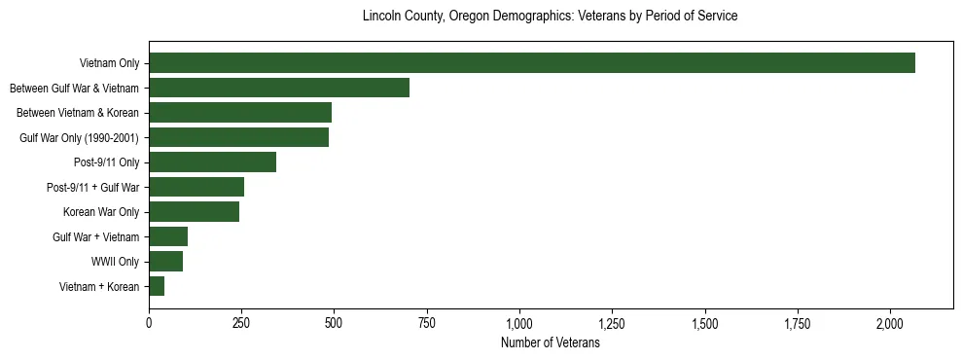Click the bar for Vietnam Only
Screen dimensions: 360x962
pyautogui.click(x=531, y=63)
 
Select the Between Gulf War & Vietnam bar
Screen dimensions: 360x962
pyautogui.click(x=279, y=88)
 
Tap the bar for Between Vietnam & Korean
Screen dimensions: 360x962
pyautogui.click(x=240, y=113)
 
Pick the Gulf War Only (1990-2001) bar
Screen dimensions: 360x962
pyautogui.click(x=238, y=137)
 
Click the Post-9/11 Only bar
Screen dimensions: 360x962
pyautogui.click(x=212, y=162)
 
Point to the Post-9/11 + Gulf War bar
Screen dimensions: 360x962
pyautogui.click(x=196, y=187)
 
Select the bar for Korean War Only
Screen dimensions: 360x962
pyautogui.click(x=194, y=212)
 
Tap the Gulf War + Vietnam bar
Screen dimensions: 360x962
pyautogui.click(x=168, y=236)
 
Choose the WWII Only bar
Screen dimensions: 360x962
pyautogui.click(x=165, y=262)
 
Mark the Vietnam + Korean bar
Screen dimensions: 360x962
pyautogui.click(x=157, y=286)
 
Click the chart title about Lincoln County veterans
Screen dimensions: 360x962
pyautogui.click(x=550, y=17)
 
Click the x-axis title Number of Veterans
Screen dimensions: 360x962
pyautogui.click(x=550, y=343)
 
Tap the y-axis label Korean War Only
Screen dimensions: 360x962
pyautogui.click(x=101, y=212)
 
